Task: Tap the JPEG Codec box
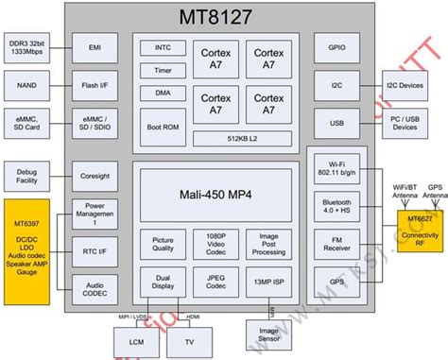tap(210, 283)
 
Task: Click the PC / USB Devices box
tap(414, 123)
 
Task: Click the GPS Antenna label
tap(434, 193)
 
